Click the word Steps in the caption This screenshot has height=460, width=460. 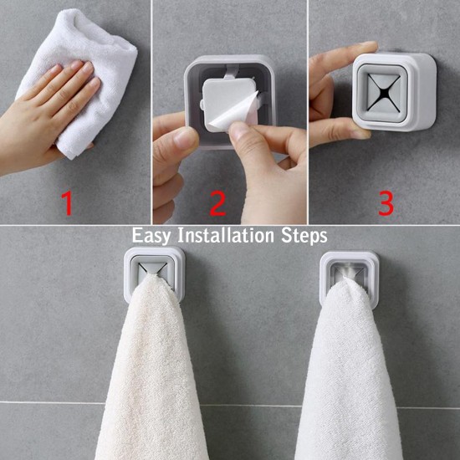click(x=304, y=236)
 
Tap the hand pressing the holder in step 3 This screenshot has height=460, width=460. click(x=335, y=92)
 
